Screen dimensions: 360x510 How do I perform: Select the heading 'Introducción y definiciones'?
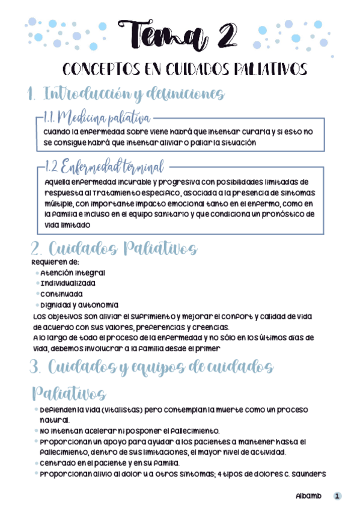[134, 94]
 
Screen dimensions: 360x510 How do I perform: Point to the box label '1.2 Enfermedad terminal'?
[105, 166]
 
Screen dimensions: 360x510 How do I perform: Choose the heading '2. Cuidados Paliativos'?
[114, 248]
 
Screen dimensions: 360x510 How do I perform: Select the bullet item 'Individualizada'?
[68, 283]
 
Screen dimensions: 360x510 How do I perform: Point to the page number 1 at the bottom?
[338, 497]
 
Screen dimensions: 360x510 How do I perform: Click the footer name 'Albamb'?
[308, 497]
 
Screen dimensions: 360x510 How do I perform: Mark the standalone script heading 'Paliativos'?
[68, 394]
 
